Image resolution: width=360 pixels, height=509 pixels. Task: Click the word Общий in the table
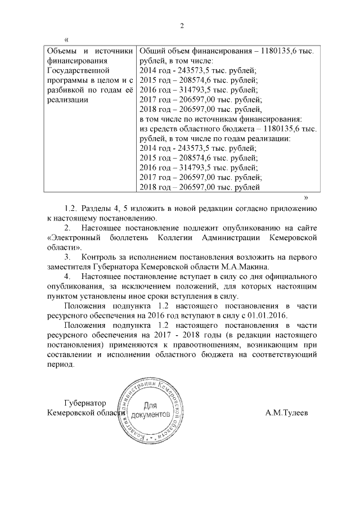(151, 51)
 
